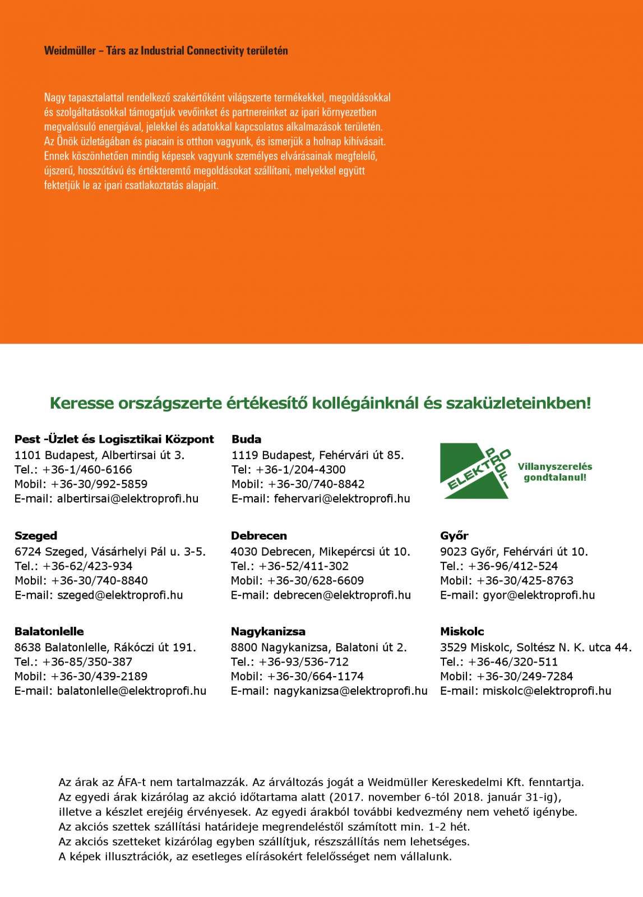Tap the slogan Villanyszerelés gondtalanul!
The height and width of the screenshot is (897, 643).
[x=554, y=472]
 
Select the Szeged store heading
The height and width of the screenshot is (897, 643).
[x=36, y=535]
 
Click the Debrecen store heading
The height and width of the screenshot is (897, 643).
[x=258, y=535]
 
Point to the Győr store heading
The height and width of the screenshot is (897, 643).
[x=454, y=535]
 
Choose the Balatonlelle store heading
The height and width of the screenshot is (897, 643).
[x=49, y=631]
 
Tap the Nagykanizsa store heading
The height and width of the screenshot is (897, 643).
[x=268, y=631]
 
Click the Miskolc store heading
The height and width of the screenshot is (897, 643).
[x=462, y=631]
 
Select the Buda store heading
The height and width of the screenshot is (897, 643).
[x=246, y=439]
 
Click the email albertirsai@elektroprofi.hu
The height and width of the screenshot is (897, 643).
[x=128, y=498]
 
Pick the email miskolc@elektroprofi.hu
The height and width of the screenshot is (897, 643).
[x=547, y=691]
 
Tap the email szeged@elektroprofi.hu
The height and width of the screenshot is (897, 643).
[x=120, y=595]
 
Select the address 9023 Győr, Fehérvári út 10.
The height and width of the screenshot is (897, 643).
[x=514, y=551]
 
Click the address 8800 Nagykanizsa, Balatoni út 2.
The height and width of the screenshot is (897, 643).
[x=318, y=647]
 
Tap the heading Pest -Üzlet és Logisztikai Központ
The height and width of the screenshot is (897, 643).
[x=114, y=439]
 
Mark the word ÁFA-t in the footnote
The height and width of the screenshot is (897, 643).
[x=132, y=782]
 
